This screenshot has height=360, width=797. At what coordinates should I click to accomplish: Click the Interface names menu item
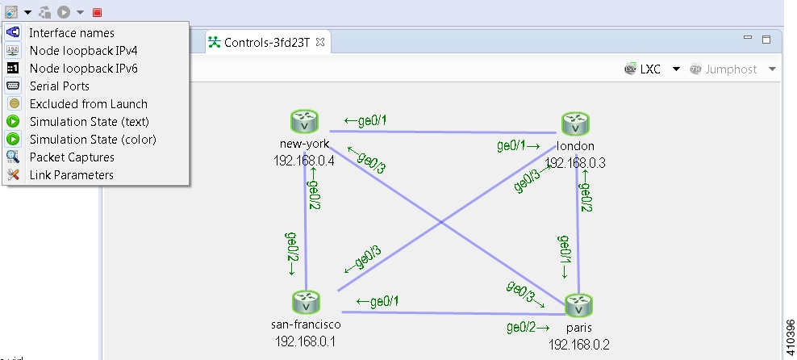coord(71,33)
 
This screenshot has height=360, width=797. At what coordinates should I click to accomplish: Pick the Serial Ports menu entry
coord(59,86)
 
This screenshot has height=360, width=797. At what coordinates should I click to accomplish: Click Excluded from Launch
coord(88,104)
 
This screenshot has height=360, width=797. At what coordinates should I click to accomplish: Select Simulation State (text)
coord(89,122)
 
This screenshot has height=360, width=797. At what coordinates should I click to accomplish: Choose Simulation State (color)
coord(93,140)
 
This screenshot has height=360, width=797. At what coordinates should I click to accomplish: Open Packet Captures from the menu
coord(72,157)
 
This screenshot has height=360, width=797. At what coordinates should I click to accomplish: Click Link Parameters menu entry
coord(71,175)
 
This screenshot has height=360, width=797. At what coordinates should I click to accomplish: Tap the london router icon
coord(576,123)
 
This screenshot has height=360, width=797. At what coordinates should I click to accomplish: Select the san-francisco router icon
coord(306,303)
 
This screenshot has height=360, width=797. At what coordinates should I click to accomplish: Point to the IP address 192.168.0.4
coord(304,161)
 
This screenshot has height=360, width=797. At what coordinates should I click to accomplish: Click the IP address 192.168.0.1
coord(306,341)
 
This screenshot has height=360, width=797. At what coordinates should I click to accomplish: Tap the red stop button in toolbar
coord(98,12)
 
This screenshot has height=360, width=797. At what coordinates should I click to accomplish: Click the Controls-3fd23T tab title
coord(266,42)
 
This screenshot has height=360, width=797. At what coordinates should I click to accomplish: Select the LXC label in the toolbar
coord(650,69)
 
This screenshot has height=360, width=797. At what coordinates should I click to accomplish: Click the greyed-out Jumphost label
coord(731,69)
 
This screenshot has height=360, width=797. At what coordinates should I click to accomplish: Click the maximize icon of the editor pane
coord(766,39)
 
